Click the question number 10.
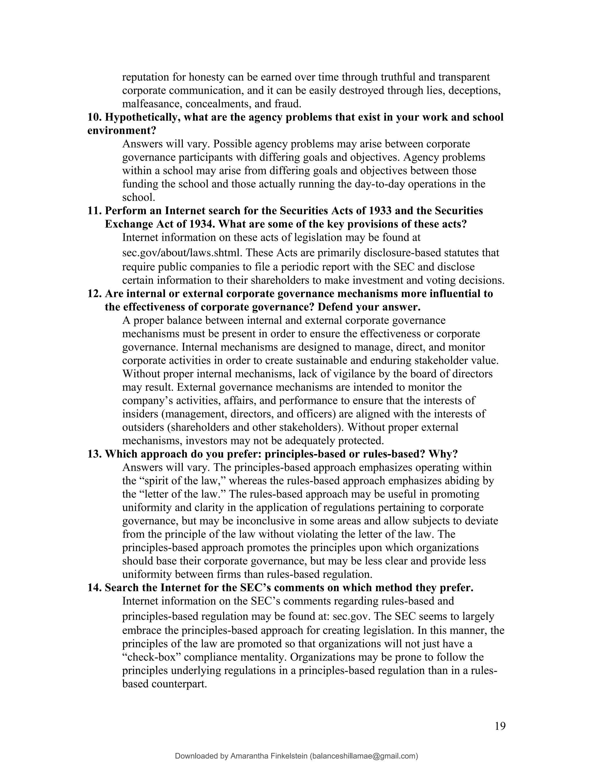[94, 117]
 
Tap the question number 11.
[94, 211]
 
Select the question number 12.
[94, 293]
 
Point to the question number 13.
[94, 454]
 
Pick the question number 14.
[94, 588]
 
